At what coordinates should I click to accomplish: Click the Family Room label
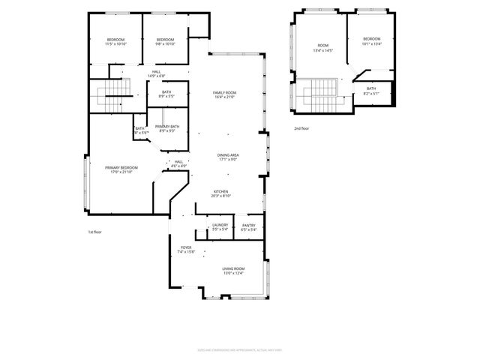(225, 94)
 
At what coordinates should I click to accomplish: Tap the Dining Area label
(228, 157)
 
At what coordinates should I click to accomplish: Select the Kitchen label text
(220, 193)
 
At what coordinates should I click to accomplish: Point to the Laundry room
(220, 227)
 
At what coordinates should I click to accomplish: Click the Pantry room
(249, 227)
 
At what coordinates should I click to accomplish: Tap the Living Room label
(233, 271)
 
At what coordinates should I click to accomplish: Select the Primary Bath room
(167, 129)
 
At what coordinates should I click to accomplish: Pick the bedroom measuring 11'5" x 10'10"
(116, 41)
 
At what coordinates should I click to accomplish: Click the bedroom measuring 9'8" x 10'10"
(165, 41)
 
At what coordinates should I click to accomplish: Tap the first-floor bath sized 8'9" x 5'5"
(166, 94)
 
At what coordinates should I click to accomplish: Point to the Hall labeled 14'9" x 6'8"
(156, 73)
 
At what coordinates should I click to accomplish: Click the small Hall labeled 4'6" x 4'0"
(178, 163)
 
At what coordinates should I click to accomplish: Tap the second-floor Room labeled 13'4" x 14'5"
(322, 49)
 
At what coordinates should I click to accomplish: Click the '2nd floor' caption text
(301, 128)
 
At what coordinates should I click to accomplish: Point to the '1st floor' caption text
(95, 232)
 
